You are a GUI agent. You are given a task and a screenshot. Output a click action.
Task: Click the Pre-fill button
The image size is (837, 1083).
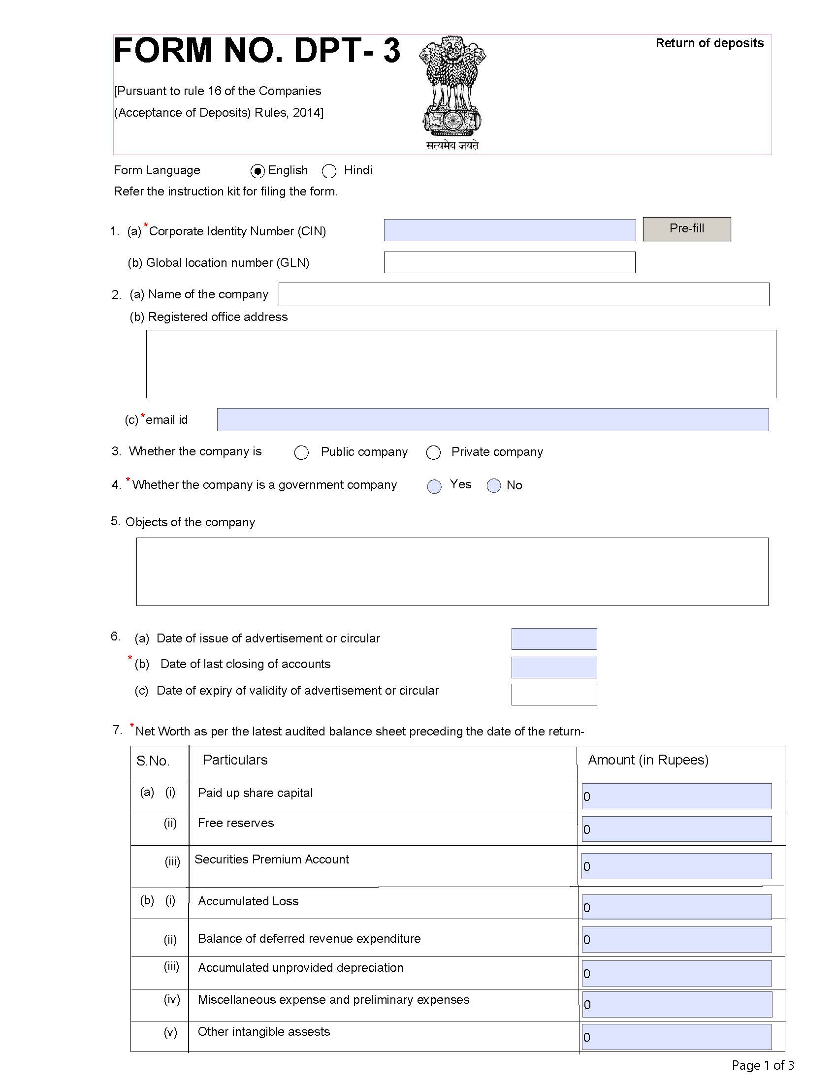686,229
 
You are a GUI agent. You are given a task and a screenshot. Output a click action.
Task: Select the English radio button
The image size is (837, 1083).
258,171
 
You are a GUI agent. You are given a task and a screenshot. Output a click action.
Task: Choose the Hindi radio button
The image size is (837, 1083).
329,171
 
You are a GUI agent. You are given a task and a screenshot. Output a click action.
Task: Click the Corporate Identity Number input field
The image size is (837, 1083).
509,230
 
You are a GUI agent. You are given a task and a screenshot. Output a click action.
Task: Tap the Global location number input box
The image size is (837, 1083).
509,262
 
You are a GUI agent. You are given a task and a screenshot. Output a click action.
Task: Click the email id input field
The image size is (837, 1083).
492,419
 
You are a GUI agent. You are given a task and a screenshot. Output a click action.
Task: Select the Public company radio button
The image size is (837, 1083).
301,452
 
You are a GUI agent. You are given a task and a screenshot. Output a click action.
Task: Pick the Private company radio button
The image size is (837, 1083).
433,452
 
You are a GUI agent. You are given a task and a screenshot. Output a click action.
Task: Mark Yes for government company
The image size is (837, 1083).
434,486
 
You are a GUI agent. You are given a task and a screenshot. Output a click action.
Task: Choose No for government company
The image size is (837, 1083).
493,486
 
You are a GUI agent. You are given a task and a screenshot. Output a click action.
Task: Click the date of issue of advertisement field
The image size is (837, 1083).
554,638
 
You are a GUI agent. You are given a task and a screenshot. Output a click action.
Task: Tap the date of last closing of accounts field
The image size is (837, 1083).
554,667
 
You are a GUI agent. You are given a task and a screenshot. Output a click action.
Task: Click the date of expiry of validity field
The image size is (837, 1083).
554,694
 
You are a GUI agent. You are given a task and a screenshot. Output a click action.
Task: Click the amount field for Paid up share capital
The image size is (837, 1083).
676,796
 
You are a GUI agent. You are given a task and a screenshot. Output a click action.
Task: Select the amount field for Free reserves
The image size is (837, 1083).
676,829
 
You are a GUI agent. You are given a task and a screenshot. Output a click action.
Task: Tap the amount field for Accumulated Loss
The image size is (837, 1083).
676,907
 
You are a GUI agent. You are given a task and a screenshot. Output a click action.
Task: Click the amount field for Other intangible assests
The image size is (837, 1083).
676,1037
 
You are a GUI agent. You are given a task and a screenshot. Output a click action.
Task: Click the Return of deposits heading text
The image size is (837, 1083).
709,43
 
